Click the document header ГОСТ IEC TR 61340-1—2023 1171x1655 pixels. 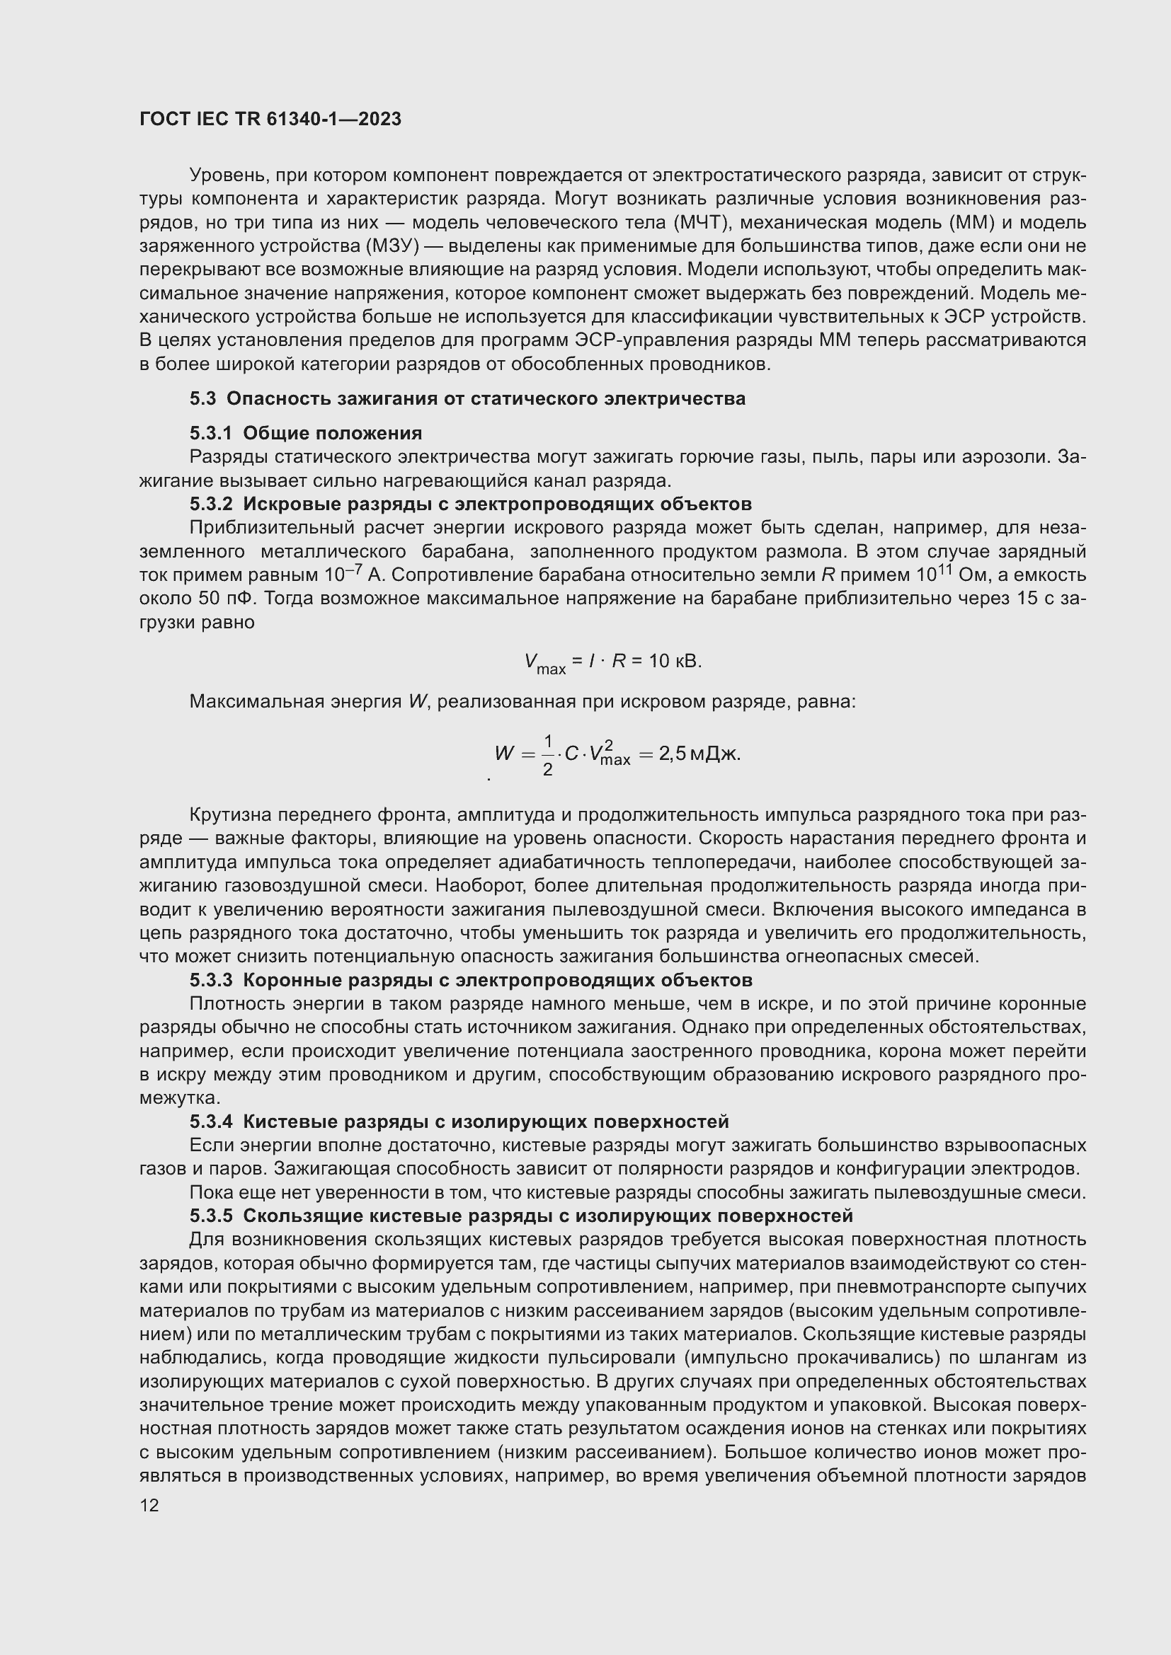[x=270, y=120]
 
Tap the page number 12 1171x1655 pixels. [x=149, y=1505]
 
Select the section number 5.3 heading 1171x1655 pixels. [x=202, y=398]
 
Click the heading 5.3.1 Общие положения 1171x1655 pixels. [x=306, y=433]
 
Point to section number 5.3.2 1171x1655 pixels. [x=210, y=504]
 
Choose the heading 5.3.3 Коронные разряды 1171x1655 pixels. [x=470, y=980]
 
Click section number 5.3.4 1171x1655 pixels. [x=210, y=1121]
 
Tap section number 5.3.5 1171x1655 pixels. [x=210, y=1216]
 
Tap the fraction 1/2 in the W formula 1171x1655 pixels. [x=547, y=755]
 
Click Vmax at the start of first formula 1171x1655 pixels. [x=544, y=663]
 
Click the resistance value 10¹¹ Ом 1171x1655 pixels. [x=947, y=575]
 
